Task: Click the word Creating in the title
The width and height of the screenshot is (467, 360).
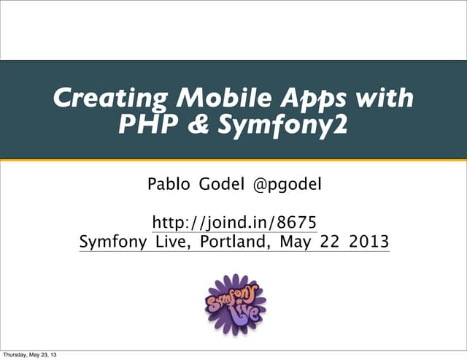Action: pos(97,99)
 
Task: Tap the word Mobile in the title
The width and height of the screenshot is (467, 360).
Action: pos(196,99)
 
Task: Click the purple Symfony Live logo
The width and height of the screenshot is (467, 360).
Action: pos(234,305)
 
